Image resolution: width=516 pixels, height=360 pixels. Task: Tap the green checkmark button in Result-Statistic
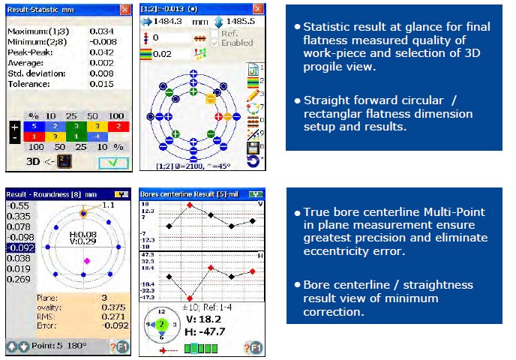111,162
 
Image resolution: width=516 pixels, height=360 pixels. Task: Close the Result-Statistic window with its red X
124,9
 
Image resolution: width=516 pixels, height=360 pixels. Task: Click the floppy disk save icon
253,148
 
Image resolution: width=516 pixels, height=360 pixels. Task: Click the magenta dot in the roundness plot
86,260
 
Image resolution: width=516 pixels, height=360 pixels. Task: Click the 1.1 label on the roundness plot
109,203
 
